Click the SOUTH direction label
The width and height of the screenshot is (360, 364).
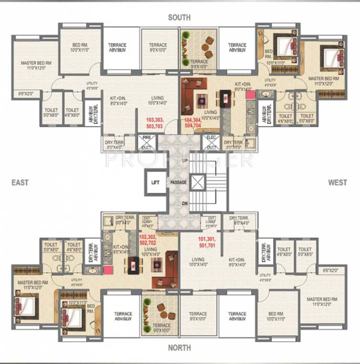click(x=179, y=18)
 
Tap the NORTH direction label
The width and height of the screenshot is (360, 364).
click(x=179, y=348)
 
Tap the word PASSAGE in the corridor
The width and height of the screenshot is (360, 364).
click(x=179, y=182)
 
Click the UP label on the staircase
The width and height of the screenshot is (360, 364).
click(x=184, y=161)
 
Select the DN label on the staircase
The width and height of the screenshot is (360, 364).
click(x=184, y=203)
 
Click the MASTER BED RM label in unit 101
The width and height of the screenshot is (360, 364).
click(x=322, y=302)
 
